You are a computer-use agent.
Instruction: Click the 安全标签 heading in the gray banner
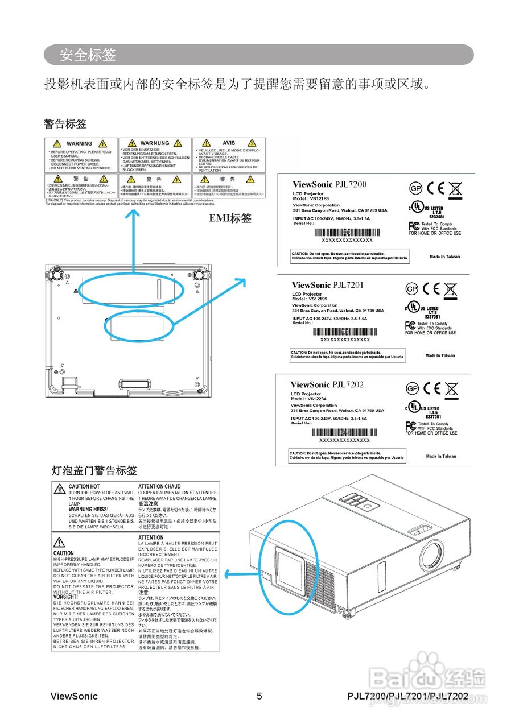[88, 55]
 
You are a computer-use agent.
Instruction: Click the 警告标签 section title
[65, 123]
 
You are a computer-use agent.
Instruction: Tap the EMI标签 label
[230, 218]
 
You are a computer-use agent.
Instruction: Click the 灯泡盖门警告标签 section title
[94, 470]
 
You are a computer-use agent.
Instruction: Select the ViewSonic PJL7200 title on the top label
[329, 184]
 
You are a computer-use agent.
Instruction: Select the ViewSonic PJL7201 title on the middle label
[327, 285]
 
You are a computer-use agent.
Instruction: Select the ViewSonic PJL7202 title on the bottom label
[327, 385]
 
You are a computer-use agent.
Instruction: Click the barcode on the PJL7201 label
[345, 332]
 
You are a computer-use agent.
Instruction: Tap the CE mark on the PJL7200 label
[435, 188]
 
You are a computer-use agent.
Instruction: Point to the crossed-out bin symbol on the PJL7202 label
[452, 389]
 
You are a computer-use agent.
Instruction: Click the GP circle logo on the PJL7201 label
[413, 289]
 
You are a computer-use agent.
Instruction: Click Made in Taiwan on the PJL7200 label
[444, 257]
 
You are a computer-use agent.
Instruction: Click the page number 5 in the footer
[259, 696]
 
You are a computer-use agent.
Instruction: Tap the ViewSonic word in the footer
[74, 696]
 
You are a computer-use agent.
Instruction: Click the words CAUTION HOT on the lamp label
[84, 487]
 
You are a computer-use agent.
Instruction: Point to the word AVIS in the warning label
[229, 143]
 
